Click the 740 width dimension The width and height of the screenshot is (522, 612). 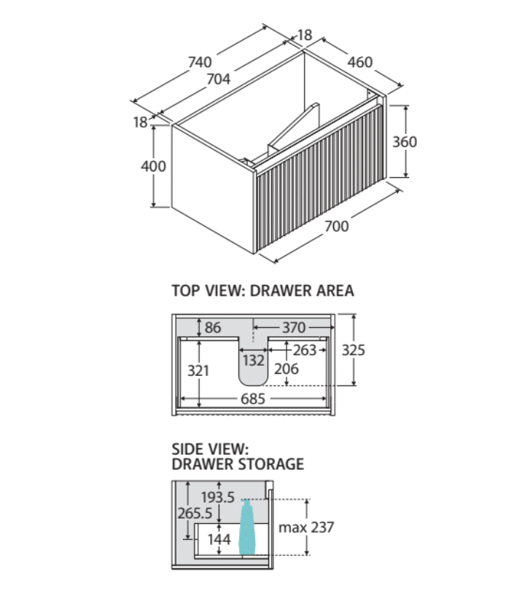(x=200, y=62)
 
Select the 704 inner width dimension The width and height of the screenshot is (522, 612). (x=218, y=79)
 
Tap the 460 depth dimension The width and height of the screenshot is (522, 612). (x=359, y=62)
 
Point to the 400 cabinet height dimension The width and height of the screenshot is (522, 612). (x=153, y=166)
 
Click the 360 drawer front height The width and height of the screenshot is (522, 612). (x=405, y=141)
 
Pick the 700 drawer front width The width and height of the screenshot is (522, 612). (x=337, y=226)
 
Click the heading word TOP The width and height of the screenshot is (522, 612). (x=186, y=291)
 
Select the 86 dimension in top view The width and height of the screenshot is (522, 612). (x=213, y=327)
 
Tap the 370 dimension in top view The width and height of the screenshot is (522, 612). (x=294, y=327)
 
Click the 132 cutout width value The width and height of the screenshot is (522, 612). (x=254, y=360)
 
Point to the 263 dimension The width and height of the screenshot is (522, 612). (x=305, y=350)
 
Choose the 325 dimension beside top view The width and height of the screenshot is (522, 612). (x=354, y=350)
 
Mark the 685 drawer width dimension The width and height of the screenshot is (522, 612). (x=253, y=399)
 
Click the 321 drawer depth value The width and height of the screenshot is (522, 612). (x=198, y=370)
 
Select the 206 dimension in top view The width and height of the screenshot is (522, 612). (x=287, y=369)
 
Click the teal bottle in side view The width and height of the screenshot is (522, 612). (x=246, y=527)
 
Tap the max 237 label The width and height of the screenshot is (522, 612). (x=306, y=527)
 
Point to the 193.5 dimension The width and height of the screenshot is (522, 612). (x=217, y=497)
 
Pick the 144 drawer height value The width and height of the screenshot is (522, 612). (x=219, y=539)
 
